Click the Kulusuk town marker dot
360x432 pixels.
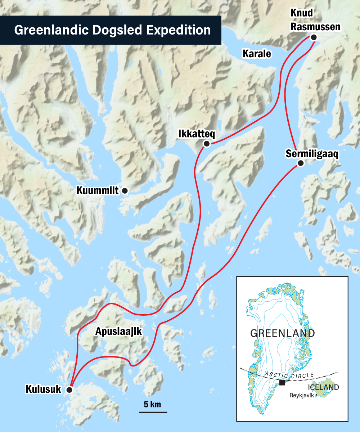69,390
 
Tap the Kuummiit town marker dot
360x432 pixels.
125,191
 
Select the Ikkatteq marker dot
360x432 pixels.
207,144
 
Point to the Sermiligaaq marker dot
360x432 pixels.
301,163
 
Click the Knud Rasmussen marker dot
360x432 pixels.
314,37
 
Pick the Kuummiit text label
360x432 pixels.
98,191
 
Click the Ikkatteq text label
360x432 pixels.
197,134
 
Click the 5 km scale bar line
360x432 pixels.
153,412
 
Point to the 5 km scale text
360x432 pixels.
153,404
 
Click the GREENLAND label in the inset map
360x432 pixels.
283,333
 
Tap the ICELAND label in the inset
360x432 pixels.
323,387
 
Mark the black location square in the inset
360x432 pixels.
283,382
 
